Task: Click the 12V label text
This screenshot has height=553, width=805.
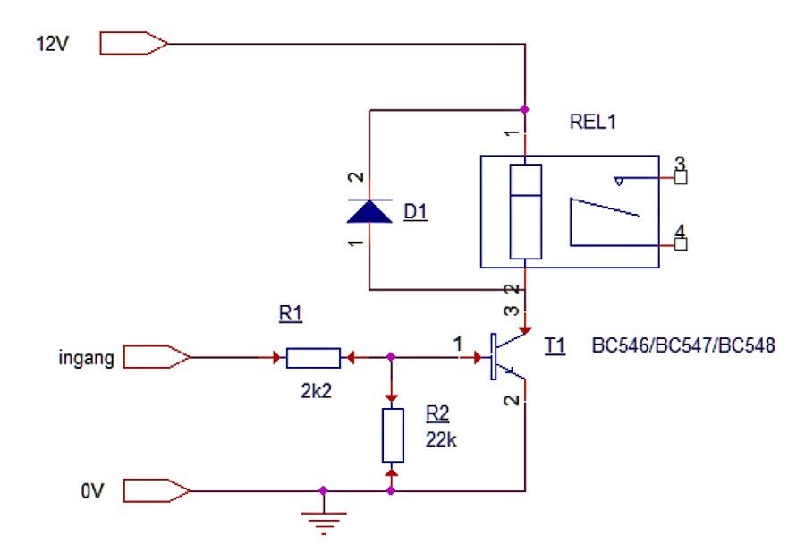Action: tap(52, 44)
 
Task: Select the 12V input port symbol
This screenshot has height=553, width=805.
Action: tap(133, 44)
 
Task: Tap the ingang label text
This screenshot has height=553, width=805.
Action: tap(86, 358)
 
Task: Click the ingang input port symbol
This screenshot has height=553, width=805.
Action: tap(157, 357)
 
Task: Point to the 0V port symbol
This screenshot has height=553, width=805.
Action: tap(157, 491)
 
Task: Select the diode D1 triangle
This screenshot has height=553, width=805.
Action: tap(369, 211)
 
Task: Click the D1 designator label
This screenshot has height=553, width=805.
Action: tap(415, 211)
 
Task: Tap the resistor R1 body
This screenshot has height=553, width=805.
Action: tap(313, 358)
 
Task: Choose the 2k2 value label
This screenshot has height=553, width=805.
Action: tap(317, 391)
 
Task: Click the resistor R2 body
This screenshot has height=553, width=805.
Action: tap(393, 436)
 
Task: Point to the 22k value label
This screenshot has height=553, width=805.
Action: tap(441, 439)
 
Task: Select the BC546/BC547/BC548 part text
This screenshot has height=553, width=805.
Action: tap(683, 345)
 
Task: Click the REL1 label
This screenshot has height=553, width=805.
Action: tap(592, 122)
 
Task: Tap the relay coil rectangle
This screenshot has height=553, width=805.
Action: tap(526, 211)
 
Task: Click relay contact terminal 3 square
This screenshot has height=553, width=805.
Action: tap(681, 178)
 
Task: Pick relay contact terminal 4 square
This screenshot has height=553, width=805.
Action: tap(681, 244)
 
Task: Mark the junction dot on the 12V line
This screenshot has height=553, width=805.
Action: tap(525, 109)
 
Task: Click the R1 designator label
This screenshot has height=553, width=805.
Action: tap(291, 313)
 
